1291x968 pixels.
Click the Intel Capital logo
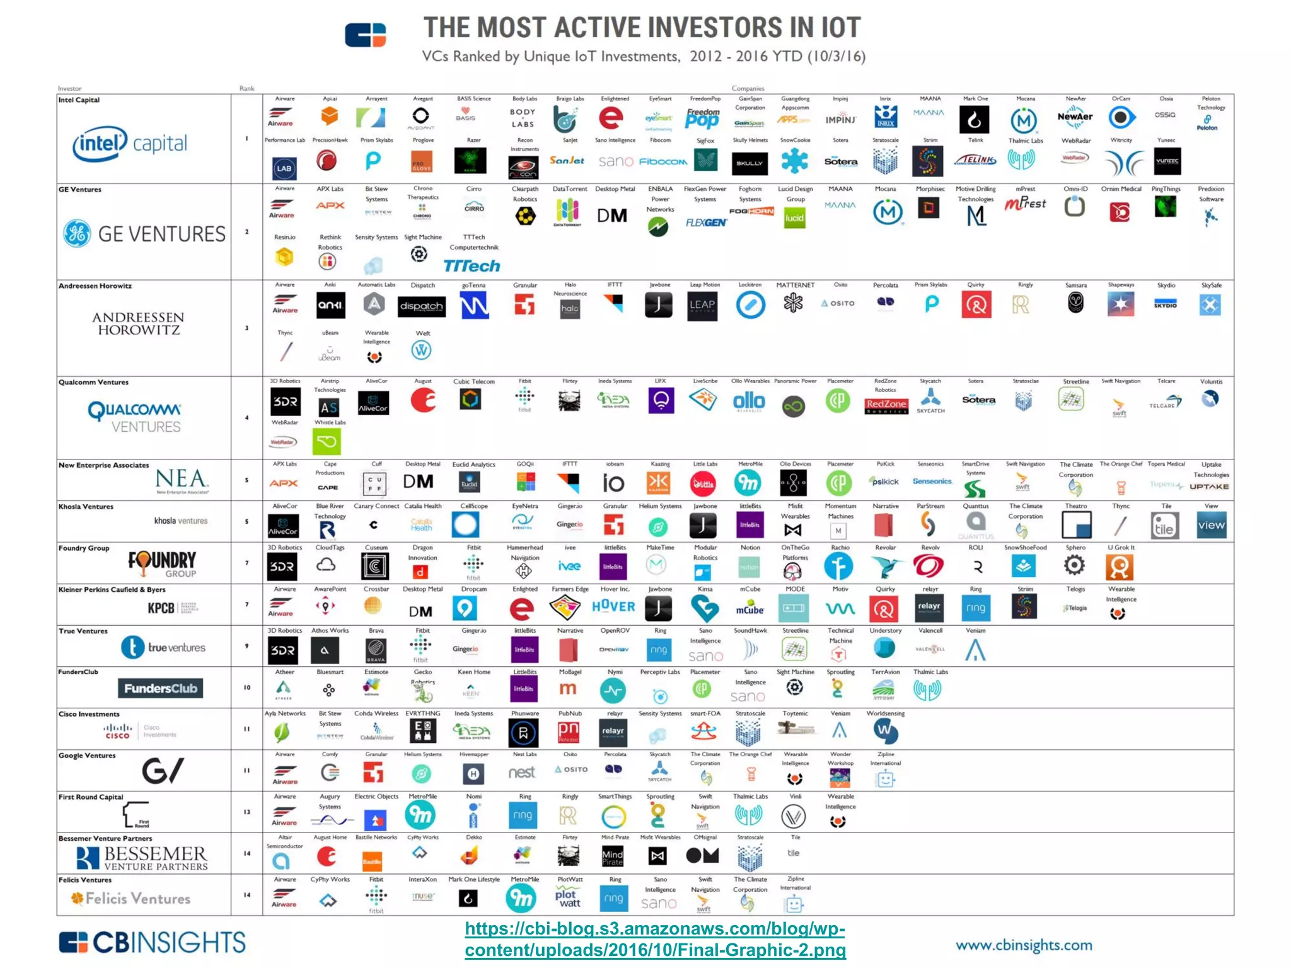coord(130,144)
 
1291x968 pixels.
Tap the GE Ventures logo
coord(144,234)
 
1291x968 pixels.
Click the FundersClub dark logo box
coord(160,688)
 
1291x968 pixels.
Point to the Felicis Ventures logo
coord(131,899)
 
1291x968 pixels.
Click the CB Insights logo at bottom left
coord(152,943)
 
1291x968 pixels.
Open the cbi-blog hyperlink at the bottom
coord(655,939)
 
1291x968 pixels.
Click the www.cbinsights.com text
coord(1024,945)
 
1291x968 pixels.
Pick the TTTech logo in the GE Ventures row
coord(472,266)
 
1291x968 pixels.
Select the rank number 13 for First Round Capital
coord(247,812)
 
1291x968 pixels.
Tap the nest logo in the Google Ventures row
coord(522,773)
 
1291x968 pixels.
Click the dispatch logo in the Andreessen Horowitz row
coord(422,306)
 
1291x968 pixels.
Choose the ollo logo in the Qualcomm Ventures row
coord(749,401)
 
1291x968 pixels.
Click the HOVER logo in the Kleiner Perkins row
coord(613,606)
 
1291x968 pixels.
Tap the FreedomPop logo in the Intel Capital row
coord(703,118)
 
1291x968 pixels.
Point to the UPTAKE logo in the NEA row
coord(1209,487)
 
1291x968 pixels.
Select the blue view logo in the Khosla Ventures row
coord(1211,525)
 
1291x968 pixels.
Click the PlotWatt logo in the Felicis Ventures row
coord(569,898)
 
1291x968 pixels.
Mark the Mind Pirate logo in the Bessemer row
coord(613,856)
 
